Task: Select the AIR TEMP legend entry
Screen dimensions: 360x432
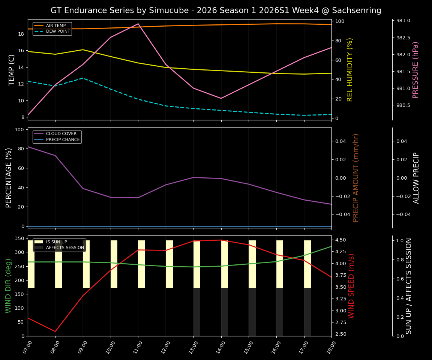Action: (55, 25)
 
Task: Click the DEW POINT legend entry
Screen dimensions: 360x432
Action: (58, 31)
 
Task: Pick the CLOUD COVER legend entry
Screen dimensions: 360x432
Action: (61, 134)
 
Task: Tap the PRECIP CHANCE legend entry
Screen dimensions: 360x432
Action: (63, 140)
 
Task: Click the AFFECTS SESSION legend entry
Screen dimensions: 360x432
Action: (65, 248)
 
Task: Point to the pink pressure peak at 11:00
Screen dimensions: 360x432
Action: (138, 24)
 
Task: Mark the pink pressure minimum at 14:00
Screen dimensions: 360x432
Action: (221, 98)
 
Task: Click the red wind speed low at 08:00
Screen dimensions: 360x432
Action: (55, 331)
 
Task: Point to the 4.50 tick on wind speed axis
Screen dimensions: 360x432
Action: (340, 240)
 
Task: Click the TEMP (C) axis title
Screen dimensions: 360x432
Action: (12, 70)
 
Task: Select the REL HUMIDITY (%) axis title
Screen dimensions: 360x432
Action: (350, 70)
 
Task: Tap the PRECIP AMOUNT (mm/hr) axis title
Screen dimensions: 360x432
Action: (356, 178)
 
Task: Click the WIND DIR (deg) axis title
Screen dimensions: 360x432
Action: (8, 286)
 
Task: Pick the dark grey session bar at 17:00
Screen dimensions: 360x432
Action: (307, 312)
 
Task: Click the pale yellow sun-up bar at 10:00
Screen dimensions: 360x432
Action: (114, 264)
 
